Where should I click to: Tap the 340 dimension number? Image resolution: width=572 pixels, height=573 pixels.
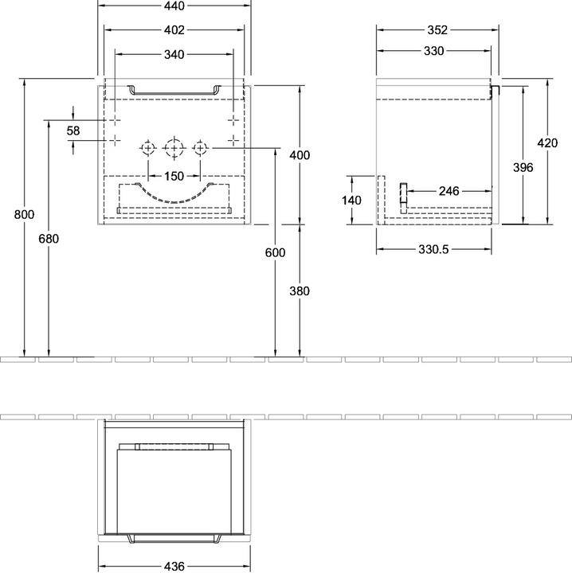174,55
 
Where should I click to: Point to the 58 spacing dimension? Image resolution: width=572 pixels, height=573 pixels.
73,130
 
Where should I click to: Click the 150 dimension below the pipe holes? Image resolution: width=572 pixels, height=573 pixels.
174,176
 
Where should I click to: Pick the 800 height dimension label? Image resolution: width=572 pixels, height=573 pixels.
25,214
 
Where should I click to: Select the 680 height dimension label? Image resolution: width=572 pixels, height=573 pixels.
49,238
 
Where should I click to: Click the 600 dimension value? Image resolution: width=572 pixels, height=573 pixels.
275,252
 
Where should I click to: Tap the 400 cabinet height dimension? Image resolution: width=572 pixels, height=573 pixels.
300,155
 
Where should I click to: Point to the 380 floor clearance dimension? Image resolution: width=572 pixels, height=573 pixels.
300,291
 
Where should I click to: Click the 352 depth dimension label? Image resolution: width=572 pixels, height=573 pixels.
434,31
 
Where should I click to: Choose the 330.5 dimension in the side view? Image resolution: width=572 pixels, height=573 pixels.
434,249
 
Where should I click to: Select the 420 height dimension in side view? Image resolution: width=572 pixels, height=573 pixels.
547,144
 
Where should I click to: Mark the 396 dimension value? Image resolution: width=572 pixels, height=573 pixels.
523,167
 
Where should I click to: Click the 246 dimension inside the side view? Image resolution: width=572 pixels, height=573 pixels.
449,191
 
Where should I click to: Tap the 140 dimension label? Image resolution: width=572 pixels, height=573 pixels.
351,201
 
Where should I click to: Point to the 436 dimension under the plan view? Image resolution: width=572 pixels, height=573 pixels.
174,566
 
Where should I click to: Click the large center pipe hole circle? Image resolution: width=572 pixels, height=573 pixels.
174,148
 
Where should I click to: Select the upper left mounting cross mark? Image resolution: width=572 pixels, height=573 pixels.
116,119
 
